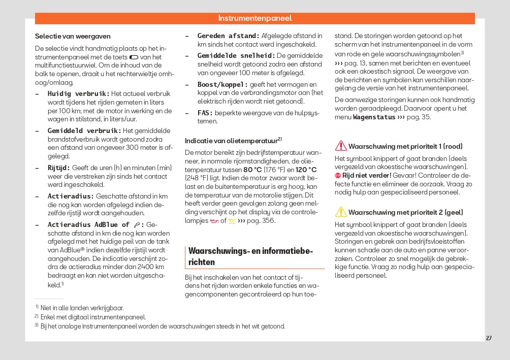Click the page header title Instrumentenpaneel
coord(254,18)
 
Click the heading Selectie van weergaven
coord(73,36)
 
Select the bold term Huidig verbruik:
coord(78,93)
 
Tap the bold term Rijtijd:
coord(59,168)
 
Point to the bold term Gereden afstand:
coord(228,36)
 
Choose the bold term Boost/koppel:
coord(222,84)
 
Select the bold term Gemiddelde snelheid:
coord(236,55)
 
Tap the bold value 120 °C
coord(306,170)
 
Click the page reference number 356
coord(268,220)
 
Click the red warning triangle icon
coord(340,146)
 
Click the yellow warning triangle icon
coord(340,212)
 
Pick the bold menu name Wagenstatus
coord(374,117)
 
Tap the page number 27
coord(489,338)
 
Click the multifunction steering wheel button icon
coord(134,57)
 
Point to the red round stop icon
coord(338,175)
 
